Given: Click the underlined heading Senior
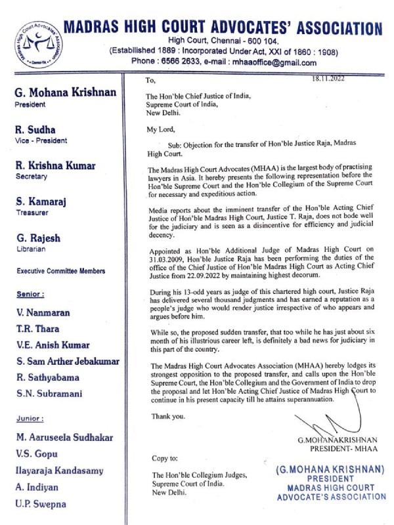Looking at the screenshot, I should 31,294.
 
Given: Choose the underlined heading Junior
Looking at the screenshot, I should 31,418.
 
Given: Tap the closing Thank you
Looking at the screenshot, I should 164,416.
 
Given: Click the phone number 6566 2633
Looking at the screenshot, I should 192,63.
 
